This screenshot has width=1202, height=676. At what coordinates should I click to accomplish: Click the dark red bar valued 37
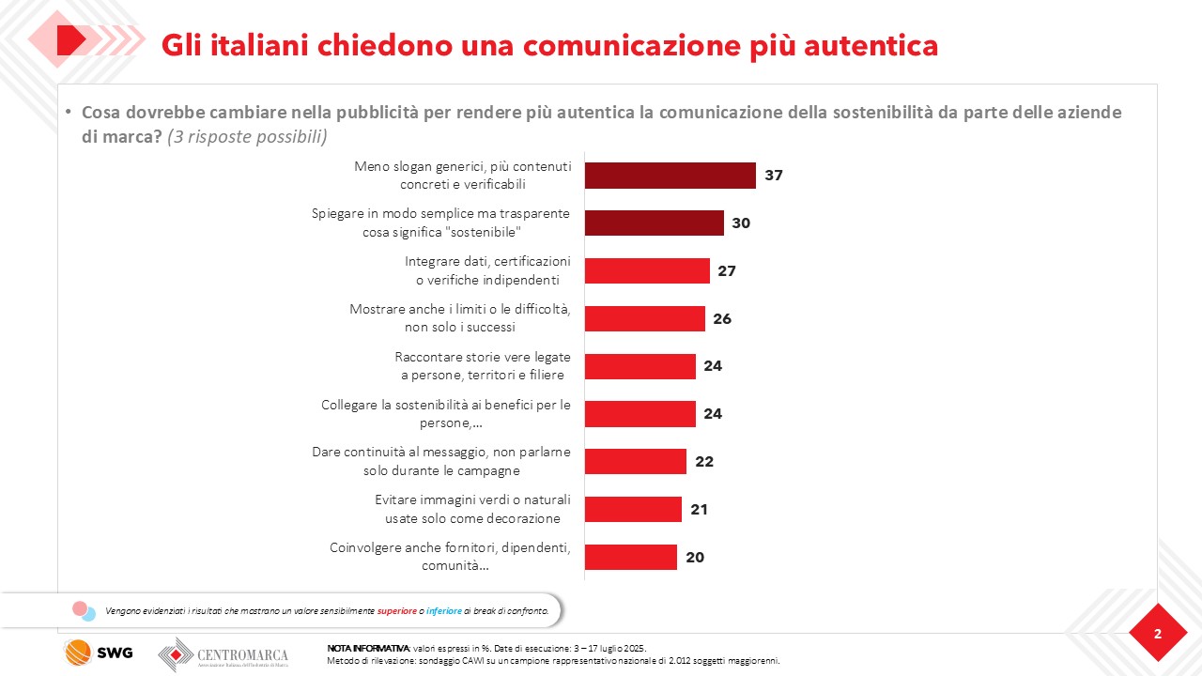[x=670, y=176]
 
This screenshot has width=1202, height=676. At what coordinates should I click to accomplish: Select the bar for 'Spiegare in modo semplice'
[x=654, y=223]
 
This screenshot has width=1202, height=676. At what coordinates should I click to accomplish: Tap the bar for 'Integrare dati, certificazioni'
[x=647, y=270]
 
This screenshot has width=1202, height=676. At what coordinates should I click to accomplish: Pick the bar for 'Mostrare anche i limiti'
[x=644, y=318]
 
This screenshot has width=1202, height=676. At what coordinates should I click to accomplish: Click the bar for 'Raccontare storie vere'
[x=640, y=366]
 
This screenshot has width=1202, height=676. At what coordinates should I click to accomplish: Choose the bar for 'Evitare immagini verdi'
[x=633, y=509]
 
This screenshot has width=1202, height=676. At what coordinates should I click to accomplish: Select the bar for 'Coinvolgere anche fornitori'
[x=630, y=557]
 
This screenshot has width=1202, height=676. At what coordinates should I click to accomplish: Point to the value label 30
[x=741, y=223]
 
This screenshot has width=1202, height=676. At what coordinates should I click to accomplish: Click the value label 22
[x=704, y=462]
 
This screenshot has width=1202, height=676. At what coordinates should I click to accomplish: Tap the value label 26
[x=722, y=319]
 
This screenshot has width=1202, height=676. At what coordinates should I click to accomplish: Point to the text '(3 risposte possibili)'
[x=247, y=136]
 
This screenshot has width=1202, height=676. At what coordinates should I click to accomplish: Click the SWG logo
[x=98, y=653]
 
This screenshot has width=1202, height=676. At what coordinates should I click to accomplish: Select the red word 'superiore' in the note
[x=397, y=610]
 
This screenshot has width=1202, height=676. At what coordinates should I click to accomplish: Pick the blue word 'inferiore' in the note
[x=444, y=610]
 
